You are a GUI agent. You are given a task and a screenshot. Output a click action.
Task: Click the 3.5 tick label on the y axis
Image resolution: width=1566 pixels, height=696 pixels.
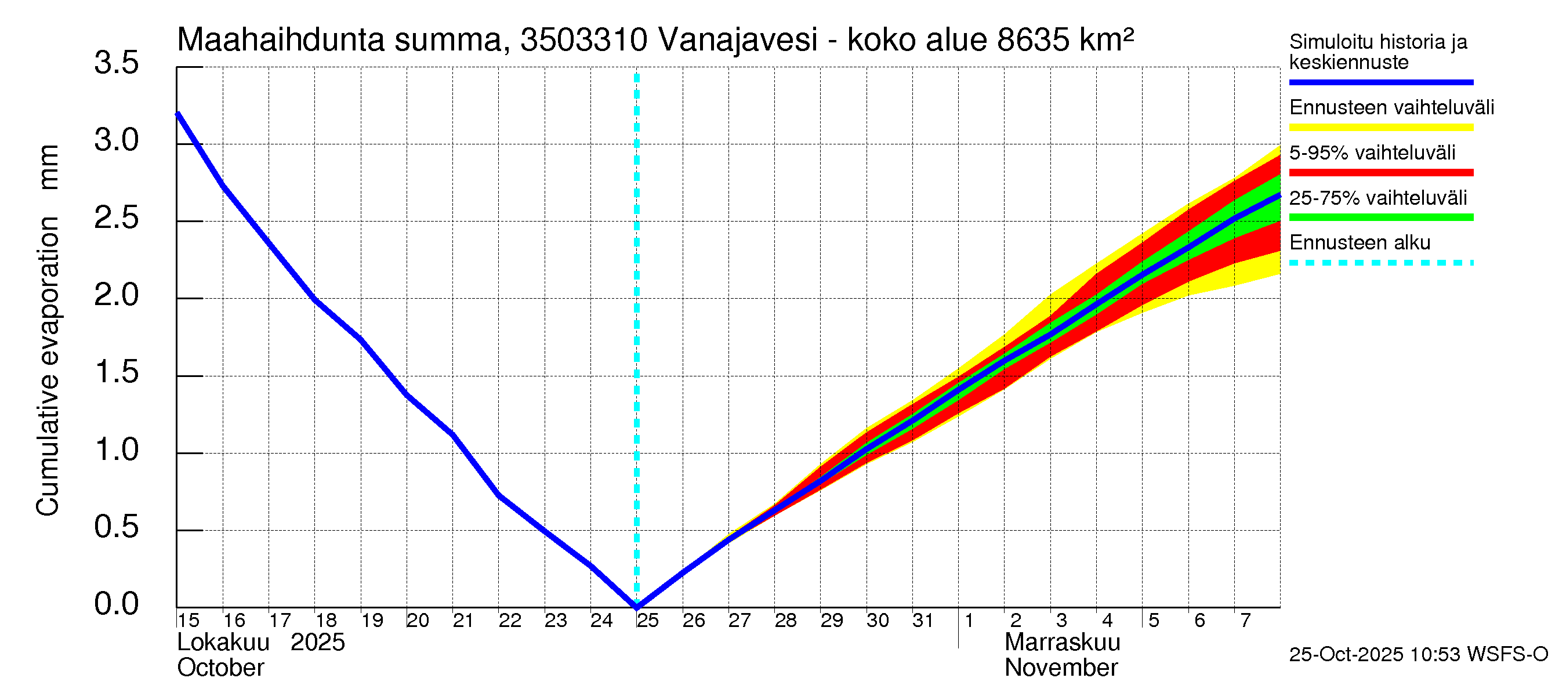[116, 63]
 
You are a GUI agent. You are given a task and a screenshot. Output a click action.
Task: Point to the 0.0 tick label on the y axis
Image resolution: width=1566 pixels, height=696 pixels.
[116, 604]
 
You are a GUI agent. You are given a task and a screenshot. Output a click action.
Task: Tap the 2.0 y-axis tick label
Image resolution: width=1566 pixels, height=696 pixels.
[116, 295]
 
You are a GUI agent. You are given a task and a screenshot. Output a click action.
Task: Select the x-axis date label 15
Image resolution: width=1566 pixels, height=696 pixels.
[188, 620]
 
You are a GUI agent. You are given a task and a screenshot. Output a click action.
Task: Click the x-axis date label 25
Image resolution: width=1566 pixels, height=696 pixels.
[648, 620]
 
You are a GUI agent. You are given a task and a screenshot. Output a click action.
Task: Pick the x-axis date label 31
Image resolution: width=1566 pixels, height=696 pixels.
[923, 620]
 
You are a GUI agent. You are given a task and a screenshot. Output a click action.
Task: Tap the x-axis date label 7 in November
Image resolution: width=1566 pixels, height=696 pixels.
[1245, 620]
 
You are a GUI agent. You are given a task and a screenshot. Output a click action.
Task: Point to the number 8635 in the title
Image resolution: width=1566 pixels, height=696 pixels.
[1033, 40]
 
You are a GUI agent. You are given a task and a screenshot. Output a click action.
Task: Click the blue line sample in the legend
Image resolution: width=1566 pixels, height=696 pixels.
[1380, 82]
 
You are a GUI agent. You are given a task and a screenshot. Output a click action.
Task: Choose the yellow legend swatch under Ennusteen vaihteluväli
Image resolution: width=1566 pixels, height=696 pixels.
[1380, 128]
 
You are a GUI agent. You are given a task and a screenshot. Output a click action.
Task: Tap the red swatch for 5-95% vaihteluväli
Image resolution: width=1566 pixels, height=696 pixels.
[1380, 173]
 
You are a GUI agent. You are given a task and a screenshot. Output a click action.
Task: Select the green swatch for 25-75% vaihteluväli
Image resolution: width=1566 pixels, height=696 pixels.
[1380, 217]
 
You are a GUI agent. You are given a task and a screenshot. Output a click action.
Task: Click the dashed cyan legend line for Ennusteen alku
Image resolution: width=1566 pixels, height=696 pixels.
[1380, 263]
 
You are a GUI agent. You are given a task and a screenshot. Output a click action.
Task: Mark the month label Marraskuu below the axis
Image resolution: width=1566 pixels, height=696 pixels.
[1062, 642]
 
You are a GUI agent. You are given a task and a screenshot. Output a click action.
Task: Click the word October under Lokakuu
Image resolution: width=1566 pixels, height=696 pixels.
[220, 668]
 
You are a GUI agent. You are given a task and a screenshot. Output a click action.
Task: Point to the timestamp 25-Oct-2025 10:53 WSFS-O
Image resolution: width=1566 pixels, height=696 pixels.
[1418, 654]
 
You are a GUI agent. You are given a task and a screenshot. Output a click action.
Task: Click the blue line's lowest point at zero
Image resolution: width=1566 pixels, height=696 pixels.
[636, 606]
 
